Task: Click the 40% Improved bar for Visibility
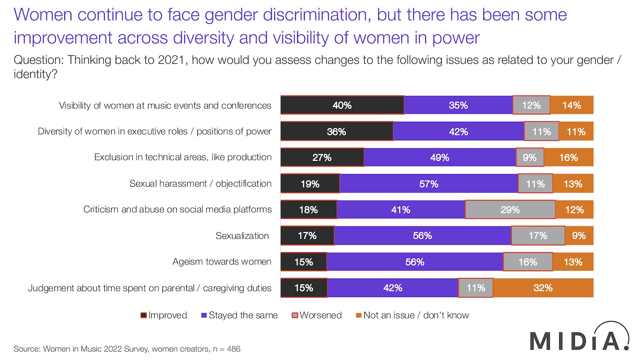pyautogui.click(x=342, y=105)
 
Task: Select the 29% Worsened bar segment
pyautogui.click(x=510, y=210)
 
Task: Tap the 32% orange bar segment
pyautogui.click(x=543, y=288)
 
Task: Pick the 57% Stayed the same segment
pyautogui.click(x=429, y=184)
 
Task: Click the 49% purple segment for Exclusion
pyautogui.click(x=440, y=158)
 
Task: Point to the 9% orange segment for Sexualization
pyautogui.click(x=579, y=236)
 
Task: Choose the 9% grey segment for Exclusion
pyautogui.click(x=530, y=158)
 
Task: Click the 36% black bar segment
pyautogui.click(x=336, y=131)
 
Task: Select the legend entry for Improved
pyautogui.click(x=164, y=315)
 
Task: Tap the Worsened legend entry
pyautogui.click(x=317, y=315)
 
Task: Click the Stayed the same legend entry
pyautogui.click(x=239, y=315)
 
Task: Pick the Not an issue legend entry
pyautogui.click(x=412, y=315)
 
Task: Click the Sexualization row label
pyautogui.click(x=242, y=236)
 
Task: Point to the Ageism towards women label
pyautogui.click(x=222, y=262)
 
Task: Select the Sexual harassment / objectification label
pyautogui.click(x=200, y=184)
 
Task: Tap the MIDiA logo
pyautogui.click(x=579, y=338)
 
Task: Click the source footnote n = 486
pyautogui.click(x=227, y=349)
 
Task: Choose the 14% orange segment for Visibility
pyautogui.click(x=571, y=105)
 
